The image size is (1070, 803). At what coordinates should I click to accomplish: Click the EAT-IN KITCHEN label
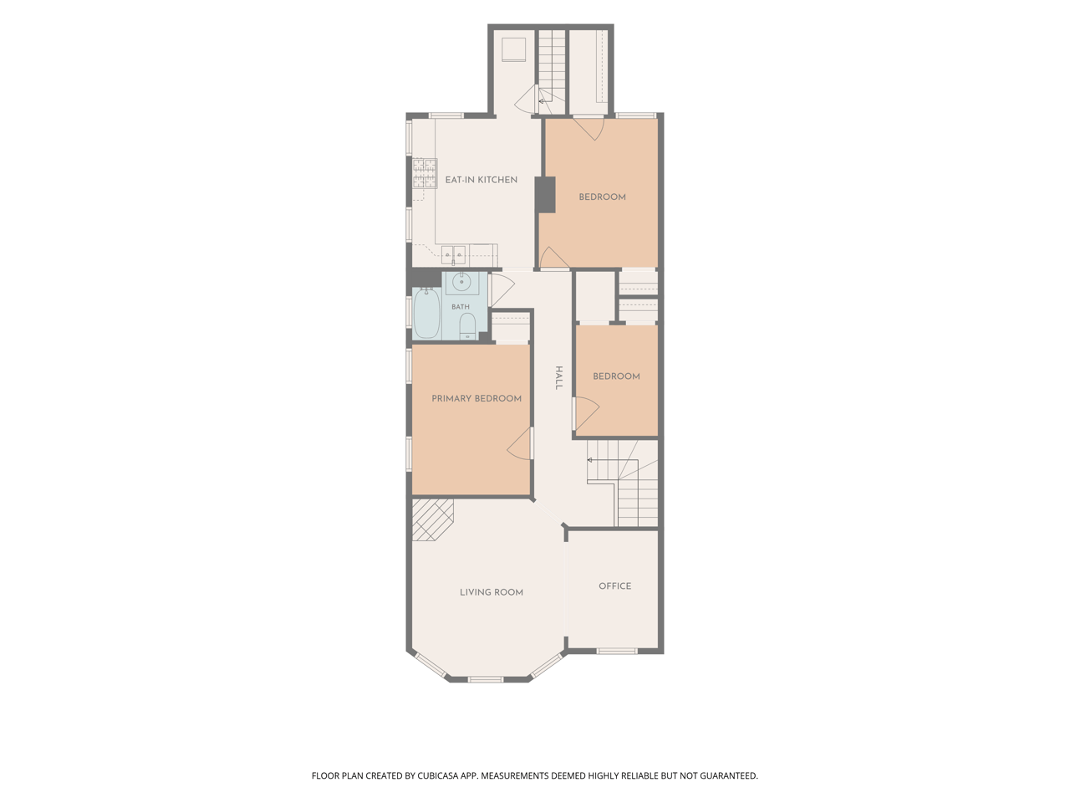point(481,180)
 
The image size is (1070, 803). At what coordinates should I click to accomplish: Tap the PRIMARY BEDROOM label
point(476,398)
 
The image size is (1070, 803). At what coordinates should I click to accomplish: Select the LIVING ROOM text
point(492,592)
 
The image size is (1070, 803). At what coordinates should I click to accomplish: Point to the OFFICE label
point(614,586)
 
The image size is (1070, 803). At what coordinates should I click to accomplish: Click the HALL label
point(559,378)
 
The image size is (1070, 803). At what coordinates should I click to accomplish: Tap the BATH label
point(460,307)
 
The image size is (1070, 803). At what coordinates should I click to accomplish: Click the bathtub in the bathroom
point(427,313)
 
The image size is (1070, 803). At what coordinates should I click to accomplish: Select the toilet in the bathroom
point(468,326)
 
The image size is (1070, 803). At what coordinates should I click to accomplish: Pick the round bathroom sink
point(461,281)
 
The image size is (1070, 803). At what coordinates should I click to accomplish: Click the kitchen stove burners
point(425,174)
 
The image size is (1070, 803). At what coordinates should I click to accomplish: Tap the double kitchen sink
point(453,254)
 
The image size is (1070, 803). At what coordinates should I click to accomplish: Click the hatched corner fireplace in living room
point(433,519)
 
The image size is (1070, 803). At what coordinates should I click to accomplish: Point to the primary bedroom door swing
point(520,443)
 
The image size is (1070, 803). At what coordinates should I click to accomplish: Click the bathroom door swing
point(501,290)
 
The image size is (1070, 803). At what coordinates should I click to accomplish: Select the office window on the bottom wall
point(617,651)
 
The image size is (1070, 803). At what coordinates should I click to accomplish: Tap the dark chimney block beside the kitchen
point(546,195)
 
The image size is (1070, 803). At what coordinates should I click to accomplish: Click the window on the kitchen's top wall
point(446,115)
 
